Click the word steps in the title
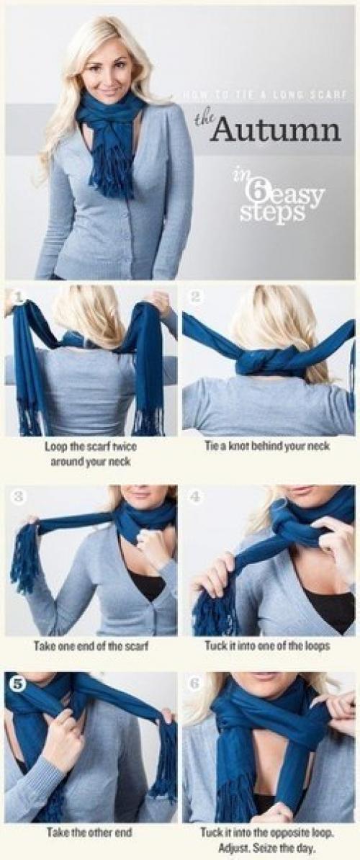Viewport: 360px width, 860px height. [272, 213]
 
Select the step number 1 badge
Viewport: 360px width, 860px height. [18, 297]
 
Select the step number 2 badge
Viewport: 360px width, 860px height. [196, 297]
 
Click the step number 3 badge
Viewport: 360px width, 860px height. [18, 498]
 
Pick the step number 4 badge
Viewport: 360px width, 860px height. [196, 498]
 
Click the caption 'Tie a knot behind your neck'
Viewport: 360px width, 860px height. [267, 447]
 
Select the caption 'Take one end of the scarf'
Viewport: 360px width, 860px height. [91, 647]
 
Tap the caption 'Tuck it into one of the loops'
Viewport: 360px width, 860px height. [267, 645]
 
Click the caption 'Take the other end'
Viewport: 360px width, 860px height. [89, 833]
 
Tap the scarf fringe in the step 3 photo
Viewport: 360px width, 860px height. [25, 557]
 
